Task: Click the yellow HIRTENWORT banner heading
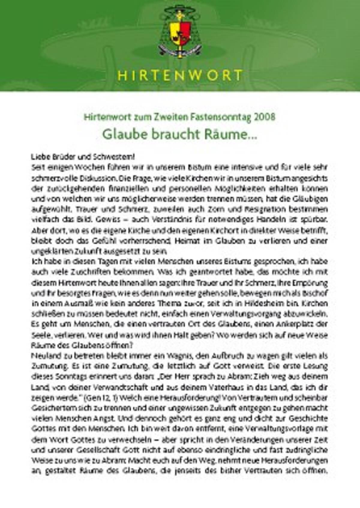click(180, 75)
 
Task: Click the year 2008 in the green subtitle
click(264, 117)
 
